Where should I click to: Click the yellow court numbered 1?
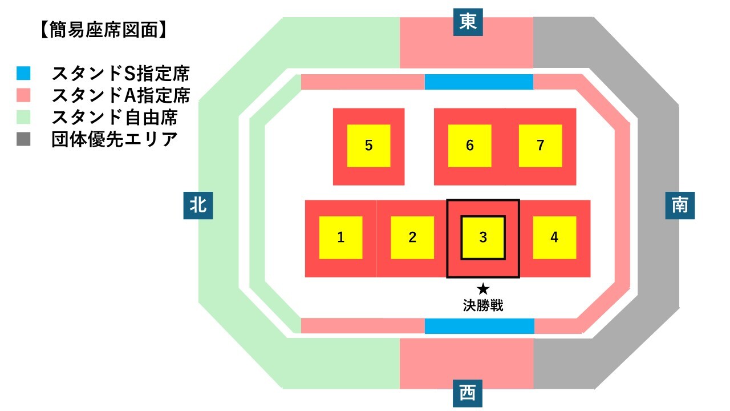340,237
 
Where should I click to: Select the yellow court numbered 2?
412,237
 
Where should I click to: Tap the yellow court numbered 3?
483,237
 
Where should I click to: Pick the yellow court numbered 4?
554,237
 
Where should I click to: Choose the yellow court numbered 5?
368,146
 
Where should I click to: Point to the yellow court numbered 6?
469,146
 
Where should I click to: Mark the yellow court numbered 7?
541,146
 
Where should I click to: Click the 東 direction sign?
468,22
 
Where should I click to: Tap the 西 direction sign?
468,393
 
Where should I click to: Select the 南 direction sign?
680,205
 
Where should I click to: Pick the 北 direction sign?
198,205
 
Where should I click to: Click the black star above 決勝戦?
483,289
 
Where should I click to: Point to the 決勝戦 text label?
483,305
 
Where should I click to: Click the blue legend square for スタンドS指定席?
23,74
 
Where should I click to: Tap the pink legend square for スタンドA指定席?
23,95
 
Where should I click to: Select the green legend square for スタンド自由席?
23,118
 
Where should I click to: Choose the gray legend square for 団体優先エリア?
23,140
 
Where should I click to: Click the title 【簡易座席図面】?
104,30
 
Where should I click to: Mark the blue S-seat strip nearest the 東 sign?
479,82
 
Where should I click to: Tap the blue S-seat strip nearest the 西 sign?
479,326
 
